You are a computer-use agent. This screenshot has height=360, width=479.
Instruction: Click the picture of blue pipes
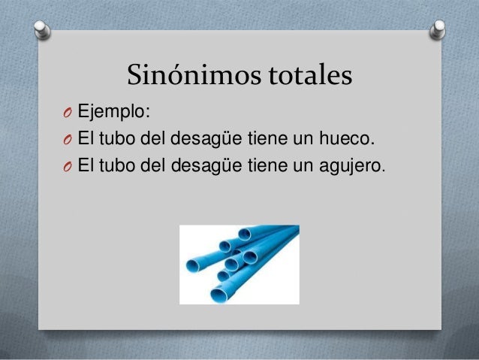[239, 265]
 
